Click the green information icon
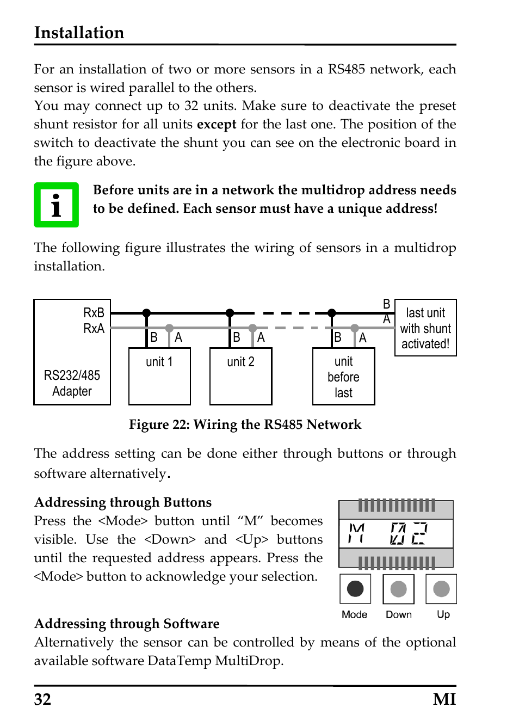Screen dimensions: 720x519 tap(56, 205)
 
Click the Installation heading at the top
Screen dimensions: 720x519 tap(79, 33)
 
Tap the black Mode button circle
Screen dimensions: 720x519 tap(355, 588)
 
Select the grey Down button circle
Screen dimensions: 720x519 tap(398, 589)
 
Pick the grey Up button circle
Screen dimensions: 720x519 tap(441, 588)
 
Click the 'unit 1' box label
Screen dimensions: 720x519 tap(159, 362)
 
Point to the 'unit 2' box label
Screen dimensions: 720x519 tap(240, 362)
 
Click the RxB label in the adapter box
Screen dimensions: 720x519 tap(94, 312)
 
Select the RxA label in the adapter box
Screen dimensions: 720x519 tap(94, 328)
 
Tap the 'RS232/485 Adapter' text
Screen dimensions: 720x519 tap(72, 383)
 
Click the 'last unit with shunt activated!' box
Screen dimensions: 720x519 tap(425, 328)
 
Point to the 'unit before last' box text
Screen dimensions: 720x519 tap(343, 377)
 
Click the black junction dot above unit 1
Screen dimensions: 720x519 tap(146, 313)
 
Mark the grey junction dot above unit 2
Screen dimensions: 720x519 tap(252, 328)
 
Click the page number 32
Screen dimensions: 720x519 tap(42, 699)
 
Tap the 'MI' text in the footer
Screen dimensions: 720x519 tap(444, 699)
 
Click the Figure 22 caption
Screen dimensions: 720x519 tap(245, 424)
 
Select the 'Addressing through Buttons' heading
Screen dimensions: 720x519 tap(123, 502)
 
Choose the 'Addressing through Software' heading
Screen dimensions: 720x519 tap(127, 624)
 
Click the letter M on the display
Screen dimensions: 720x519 tap(356, 533)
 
